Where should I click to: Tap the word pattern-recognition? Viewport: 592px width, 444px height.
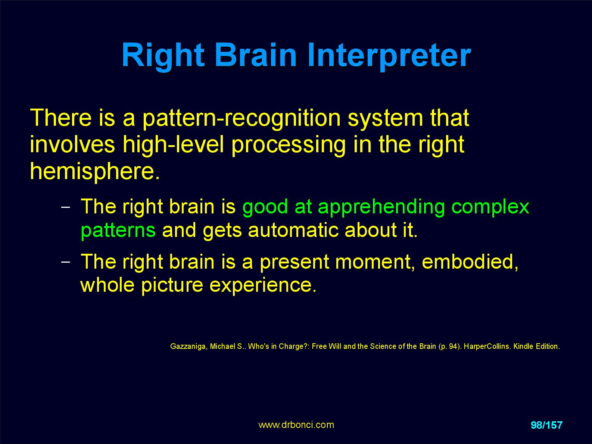[x=242, y=119]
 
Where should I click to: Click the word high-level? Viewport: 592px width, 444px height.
[x=173, y=144]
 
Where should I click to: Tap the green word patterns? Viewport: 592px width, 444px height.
[x=118, y=231]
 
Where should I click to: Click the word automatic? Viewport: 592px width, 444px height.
[x=293, y=230]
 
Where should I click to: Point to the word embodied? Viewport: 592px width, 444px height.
[x=470, y=262]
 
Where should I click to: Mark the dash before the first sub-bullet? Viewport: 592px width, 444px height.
[x=66, y=207]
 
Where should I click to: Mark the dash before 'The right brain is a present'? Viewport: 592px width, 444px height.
[x=66, y=262]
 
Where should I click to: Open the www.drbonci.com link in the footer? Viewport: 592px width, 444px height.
[x=296, y=425]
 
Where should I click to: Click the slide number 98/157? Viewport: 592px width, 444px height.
[x=546, y=425]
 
